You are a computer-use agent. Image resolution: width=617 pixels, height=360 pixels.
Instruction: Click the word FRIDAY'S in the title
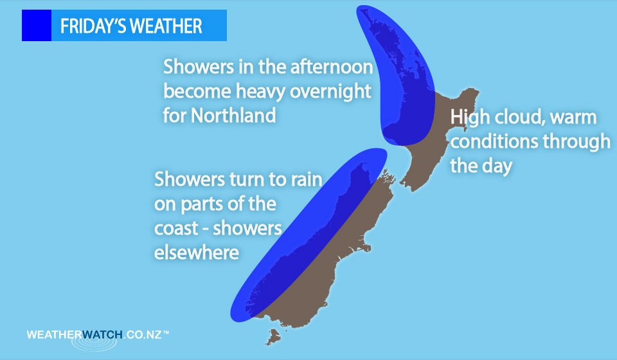tap(93, 26)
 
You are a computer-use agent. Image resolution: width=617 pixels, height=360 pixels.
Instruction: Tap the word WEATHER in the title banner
tap(166, 26)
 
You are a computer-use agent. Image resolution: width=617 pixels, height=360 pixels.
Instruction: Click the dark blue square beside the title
tap(37, 25)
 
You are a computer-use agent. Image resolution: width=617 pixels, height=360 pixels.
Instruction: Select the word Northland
tap(233, 115)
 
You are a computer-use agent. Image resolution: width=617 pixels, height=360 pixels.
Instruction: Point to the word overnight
tap(330, 92)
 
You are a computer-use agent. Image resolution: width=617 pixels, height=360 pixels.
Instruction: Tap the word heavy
tap(262, 92)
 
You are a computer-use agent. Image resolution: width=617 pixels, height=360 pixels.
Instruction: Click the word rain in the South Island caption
tap(307, 179)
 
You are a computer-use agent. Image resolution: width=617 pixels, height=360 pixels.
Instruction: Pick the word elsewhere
tap(197, 252)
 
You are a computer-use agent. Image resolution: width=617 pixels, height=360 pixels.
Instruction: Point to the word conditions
tap(494, 141)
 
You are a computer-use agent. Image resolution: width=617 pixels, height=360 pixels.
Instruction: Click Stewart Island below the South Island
tap(274, 337)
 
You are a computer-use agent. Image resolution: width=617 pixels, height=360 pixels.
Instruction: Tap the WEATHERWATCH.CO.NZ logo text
tap(98, 335)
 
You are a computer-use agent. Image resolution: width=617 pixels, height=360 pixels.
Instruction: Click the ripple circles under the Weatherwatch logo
tap(94, 342)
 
